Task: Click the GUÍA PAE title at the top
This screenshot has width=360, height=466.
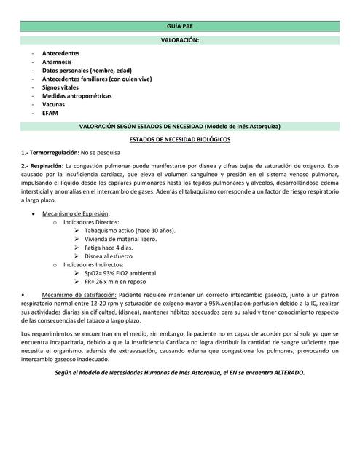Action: coord(179,25)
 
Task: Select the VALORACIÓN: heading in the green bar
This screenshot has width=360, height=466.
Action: coord(179,41)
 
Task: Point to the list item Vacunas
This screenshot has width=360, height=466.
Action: coord(53,104)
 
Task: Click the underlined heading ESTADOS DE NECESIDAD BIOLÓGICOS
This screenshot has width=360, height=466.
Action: coord(179,138)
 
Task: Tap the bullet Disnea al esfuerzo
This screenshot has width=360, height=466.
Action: coord(109,256)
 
